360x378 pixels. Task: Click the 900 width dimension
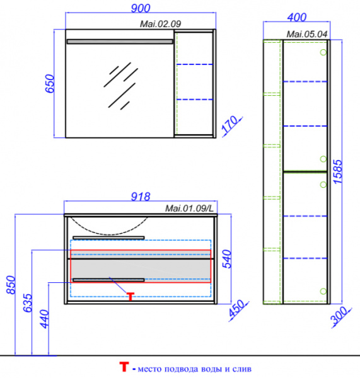(141, 8)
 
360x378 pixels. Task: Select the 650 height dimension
(50, 83)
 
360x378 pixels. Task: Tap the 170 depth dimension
(230, 125)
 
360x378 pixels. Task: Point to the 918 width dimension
(141, 197)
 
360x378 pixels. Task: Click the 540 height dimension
(227, 259)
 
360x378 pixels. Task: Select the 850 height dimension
(11, 285)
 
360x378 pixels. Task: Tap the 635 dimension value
(28, 303)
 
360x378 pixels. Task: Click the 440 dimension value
(45, 319)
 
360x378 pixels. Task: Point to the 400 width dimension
(297, 18)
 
